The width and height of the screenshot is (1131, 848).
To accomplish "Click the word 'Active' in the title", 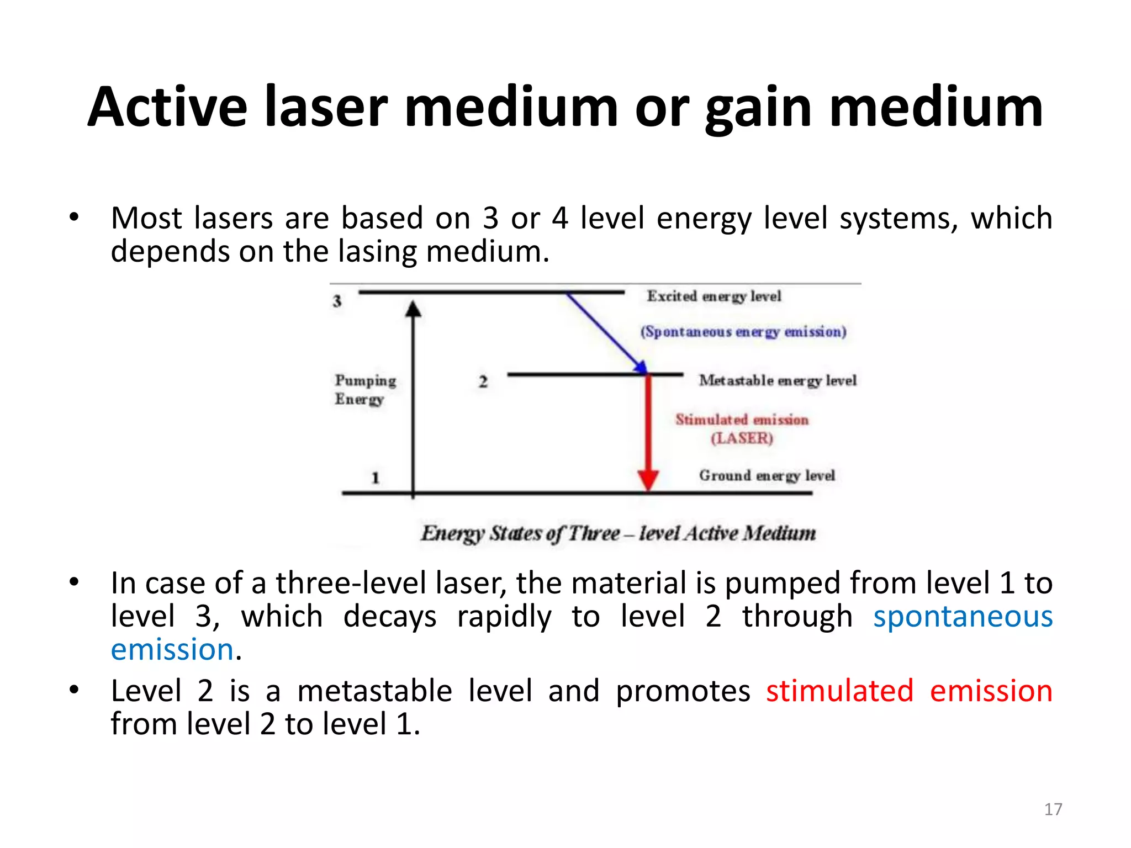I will [x=167, y=108].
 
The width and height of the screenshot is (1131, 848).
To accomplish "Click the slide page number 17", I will [x=1053, y=809].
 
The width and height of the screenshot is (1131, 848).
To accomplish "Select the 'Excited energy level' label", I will [x=714, y=296].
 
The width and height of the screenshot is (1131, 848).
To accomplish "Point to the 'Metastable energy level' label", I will [x=777, y=380].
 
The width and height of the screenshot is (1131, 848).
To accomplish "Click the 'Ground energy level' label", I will [x=767, y=475].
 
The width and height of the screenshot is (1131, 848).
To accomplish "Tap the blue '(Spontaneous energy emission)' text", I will [x=743, y=332].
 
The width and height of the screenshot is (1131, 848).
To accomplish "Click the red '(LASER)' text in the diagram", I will [x=742, y=438].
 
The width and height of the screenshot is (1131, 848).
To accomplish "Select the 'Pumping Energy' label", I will [x=364, y=389].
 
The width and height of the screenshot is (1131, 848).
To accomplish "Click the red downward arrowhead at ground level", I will [x=648, y=480].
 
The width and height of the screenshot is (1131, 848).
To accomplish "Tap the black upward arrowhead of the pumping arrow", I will [x=413, y=309].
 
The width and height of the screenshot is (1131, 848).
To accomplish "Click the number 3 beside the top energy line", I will [x=337, y=301].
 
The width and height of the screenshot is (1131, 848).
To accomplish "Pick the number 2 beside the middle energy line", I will [x=483, y=381].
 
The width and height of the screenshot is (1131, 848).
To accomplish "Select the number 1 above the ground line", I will [x=375, y=478].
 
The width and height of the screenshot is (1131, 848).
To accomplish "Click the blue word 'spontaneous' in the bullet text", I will [x=963, y=616].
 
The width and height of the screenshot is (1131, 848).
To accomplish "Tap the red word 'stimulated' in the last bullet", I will [x=839, y=691].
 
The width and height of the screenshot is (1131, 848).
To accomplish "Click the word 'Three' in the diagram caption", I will [x=594, y=533].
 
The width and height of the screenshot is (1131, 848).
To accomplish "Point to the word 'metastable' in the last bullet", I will [x=374, y=691].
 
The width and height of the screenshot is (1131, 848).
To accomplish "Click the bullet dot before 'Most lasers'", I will [x=74, y=217].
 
